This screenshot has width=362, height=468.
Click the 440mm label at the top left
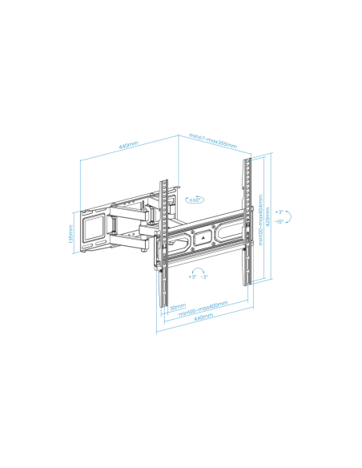(x=128, y=147)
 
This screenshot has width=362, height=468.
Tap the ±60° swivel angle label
(x=195, y=200)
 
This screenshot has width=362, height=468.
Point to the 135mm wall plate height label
(x=70, y=231)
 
